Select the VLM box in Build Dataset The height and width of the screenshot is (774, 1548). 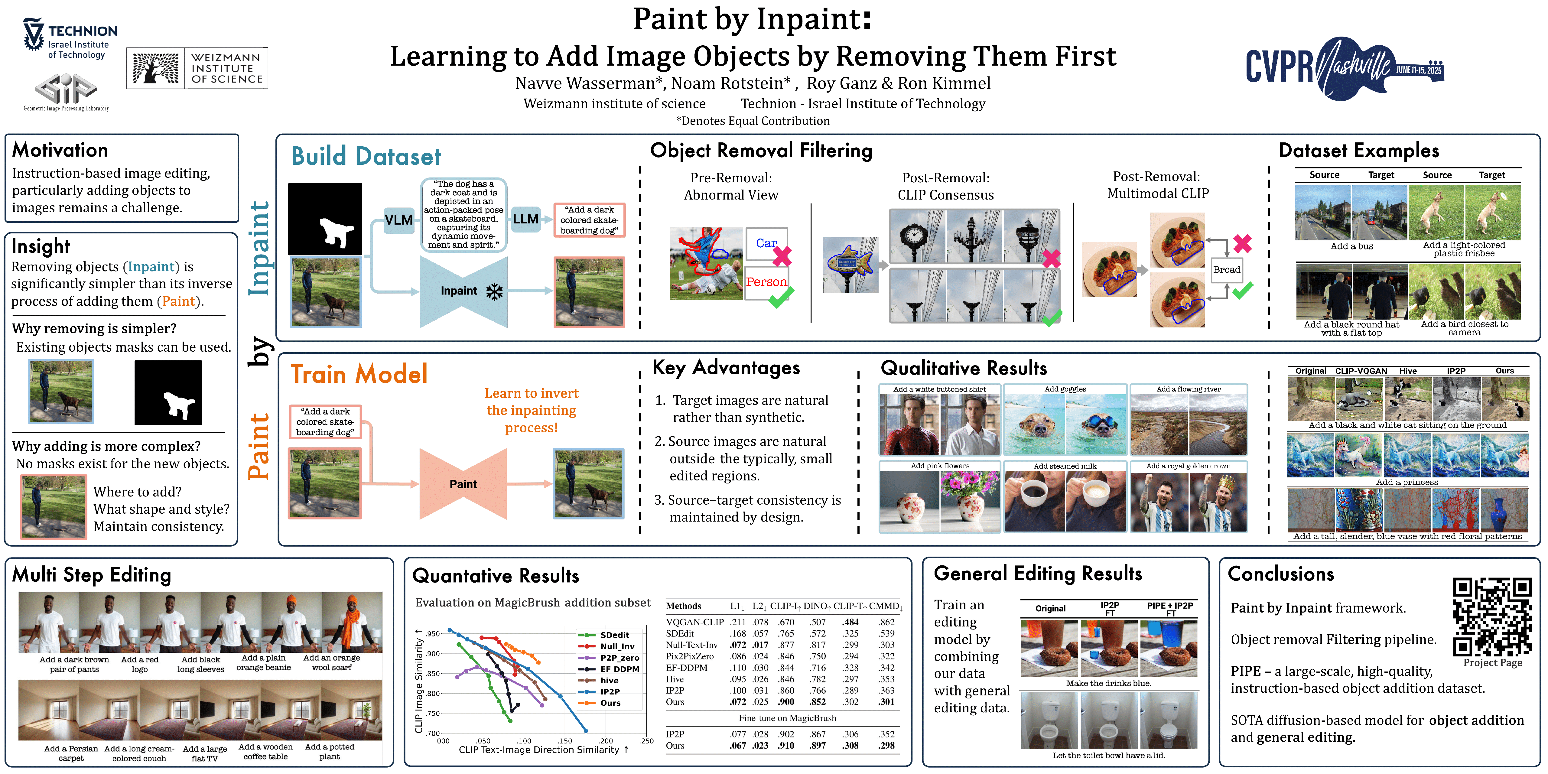pos(398,220)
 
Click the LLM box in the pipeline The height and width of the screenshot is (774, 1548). pos(526,219)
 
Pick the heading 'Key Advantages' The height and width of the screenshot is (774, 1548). pos(726,367)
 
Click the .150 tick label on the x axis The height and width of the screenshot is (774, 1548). pos(565,741)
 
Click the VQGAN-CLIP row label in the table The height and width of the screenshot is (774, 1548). pos(695,622)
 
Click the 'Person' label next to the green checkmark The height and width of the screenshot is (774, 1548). pos(766,282)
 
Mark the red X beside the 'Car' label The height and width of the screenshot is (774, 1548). pos(782,257)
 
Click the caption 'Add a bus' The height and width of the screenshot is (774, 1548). pos(1351,246)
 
